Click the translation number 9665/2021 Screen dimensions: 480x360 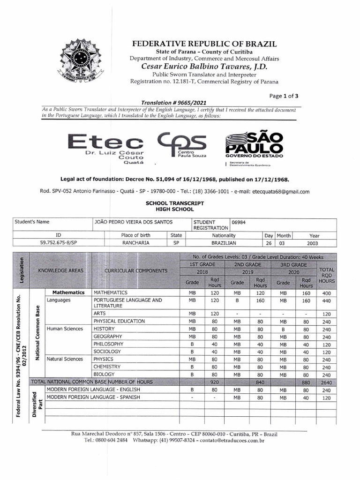[x=173, y=103]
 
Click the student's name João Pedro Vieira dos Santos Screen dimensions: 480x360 [x=133, y=222]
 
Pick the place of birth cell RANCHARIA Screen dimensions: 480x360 [x=136, y=243]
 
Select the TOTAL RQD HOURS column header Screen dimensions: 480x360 [x=326, y=275]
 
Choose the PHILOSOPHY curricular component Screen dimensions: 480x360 [x=108, y=344]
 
